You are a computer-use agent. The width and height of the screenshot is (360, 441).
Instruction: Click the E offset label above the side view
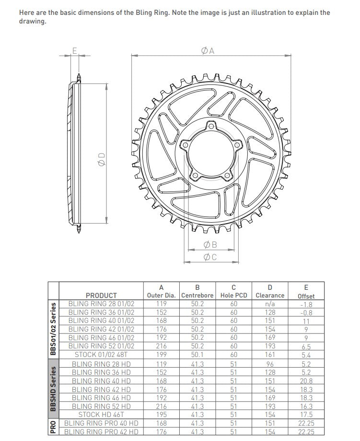coord(74,50)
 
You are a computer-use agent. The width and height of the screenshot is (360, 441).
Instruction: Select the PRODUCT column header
coord(101,296)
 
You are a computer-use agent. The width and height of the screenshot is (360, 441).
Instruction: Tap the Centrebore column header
coord(197,296)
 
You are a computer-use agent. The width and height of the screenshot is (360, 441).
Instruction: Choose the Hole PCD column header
coord(233,296)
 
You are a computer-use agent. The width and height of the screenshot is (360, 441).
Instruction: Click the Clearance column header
coord(270,296)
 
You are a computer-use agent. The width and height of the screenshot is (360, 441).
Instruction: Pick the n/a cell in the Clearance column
coord(270,304)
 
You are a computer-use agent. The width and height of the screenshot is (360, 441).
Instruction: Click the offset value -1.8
coord(306,304)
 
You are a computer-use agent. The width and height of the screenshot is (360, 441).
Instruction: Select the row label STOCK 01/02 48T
coord(101,355)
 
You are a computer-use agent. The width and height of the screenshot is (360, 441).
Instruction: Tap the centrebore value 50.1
coord(197,355)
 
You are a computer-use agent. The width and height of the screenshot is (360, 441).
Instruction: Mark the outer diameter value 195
coord(161,414)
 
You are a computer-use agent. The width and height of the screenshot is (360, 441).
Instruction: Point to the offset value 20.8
coord(306,381)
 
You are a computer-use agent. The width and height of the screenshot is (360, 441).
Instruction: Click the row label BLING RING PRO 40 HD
coord(101,423)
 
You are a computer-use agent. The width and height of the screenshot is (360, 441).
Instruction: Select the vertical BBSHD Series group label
coord(53,389)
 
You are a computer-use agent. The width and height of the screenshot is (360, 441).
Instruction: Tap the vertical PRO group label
coord(53,427)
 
